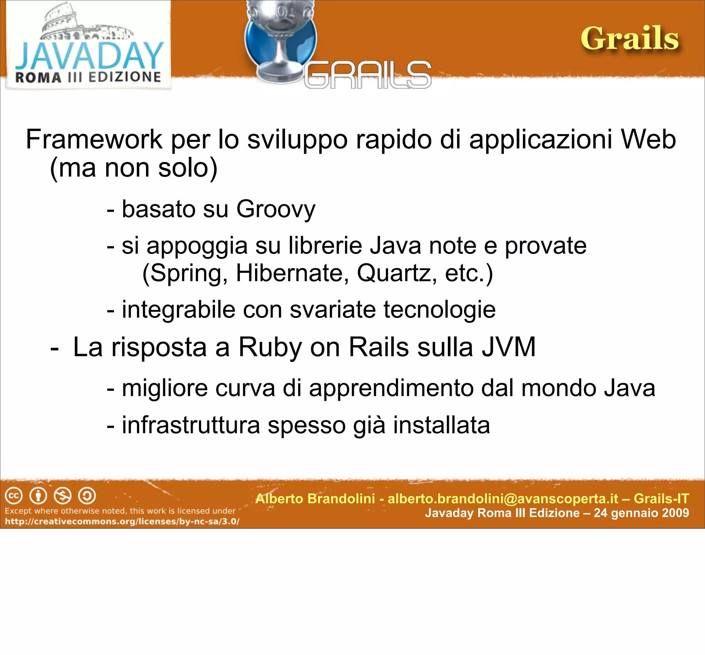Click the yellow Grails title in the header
(x=630, y=39)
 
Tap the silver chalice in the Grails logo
(x=280, y=39)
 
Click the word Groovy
(x=275, y=209)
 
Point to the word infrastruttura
(x=191, y=425)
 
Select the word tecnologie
(x=439, y=310)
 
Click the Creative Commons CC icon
(x=14, y=496)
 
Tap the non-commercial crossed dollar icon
(x=62, y=496)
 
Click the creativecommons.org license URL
(x=122, y=522)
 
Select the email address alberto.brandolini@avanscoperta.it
(x=503, y=499)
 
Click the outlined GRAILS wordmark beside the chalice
(x=367, y=75)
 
